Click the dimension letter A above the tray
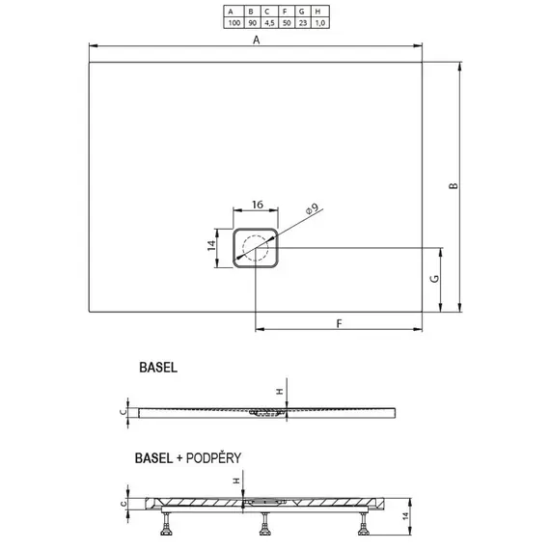point(256,40)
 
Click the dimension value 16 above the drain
point(258,205)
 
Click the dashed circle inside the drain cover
point(256,249)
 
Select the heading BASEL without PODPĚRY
point(157,369)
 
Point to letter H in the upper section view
point(280,391)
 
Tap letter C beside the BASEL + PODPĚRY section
point(123,503)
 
